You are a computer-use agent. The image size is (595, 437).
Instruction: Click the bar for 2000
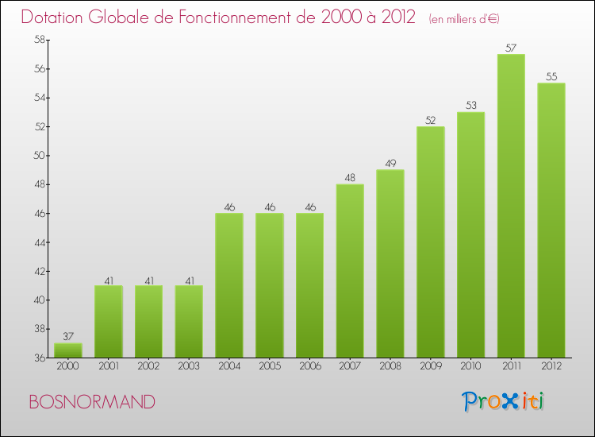pos(68,350)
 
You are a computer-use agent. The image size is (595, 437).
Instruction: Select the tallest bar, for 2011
pos(511,206)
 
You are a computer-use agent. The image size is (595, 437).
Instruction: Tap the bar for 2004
pos(229,285)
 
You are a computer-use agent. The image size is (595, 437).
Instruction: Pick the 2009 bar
pos(430,242)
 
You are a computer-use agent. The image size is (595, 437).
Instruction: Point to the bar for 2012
pos(551,220)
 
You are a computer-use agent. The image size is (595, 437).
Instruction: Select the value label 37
pos(68,336)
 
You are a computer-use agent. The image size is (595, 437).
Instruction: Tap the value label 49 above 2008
pos(390,164)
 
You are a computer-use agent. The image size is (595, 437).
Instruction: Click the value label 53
pos(470,106)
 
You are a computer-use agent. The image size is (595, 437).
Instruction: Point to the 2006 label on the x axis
pos(309,367)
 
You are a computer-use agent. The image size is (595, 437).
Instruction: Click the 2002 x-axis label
pos(148,367)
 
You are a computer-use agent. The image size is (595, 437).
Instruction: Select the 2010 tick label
pos(470,367)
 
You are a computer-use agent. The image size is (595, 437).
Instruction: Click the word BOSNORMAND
pos(92,402)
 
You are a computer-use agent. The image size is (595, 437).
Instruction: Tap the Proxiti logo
pos(504,401)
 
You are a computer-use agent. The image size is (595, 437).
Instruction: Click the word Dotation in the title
pos(53,17)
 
